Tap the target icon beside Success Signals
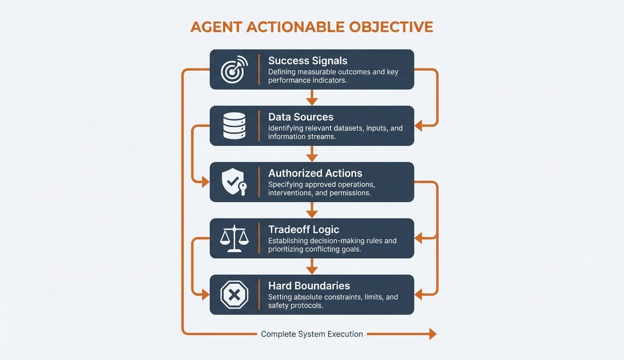pos(234,69)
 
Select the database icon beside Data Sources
pos(234,125)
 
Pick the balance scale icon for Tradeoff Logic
pos(234,238)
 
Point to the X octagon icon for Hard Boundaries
pos(234,295)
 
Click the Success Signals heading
pos(307,61)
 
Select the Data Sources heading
pos(301,117)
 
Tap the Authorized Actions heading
pos(315,173)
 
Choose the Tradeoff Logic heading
pos(304,230)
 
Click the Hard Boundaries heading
pos(309,286)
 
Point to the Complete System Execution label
pos(312,334)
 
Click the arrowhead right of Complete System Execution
pos(432,334)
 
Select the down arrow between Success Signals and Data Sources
pos(312,99)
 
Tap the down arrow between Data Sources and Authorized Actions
pos(312,156)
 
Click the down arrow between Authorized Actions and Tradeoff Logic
pos(312,212)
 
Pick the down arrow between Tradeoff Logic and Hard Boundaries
pos(312,268)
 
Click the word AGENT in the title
pos(216,27)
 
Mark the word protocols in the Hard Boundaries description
pos(308,305)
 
